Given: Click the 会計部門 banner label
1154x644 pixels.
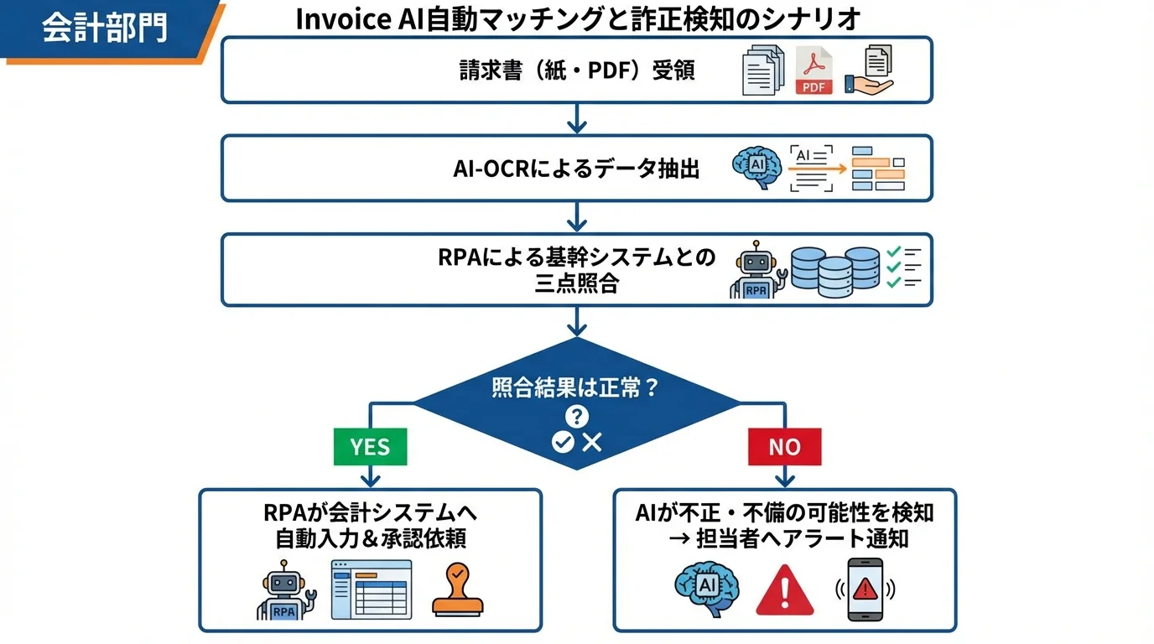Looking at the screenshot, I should point(104,27).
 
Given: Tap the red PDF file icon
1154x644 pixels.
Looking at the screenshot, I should point(813,70).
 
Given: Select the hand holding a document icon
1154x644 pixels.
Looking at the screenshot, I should point(869,71).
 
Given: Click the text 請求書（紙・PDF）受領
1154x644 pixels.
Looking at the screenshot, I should point(577,70).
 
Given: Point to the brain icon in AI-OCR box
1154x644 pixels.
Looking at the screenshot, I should point(756,168).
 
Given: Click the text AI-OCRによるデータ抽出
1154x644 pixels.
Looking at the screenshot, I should point(577,169).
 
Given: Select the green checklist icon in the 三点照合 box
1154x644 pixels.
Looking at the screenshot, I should point(903,268).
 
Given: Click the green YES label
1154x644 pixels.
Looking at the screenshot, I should point(370,446).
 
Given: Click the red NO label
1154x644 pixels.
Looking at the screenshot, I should point(784,446).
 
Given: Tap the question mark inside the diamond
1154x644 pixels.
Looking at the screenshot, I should point(577,416).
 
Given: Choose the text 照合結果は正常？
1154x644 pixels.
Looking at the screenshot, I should point(575,389).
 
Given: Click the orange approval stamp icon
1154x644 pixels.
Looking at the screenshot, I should point(457,589).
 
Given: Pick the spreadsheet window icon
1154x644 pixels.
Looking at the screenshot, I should point(372,589).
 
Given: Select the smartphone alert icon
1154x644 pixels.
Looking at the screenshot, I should point(864,589).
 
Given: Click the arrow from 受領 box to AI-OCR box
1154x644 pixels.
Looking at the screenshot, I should point(576,118).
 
